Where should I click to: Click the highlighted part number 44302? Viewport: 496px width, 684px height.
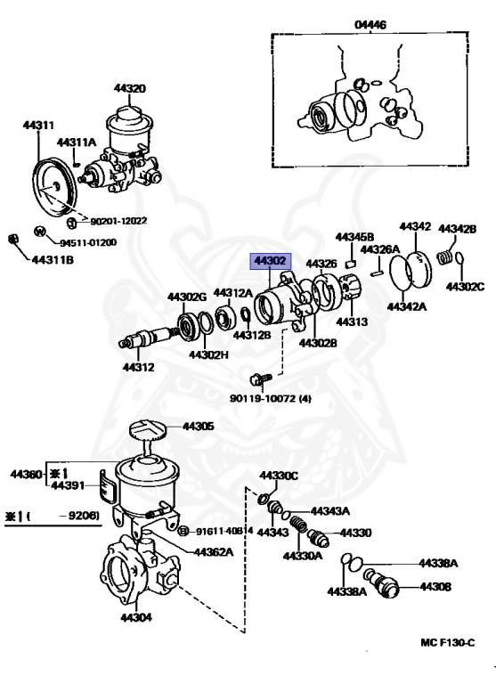tap(270, 261)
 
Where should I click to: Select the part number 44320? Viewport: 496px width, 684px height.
tap(129, 88)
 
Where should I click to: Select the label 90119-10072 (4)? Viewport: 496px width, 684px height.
tap(271, 398)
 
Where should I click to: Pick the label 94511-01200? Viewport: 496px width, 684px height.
tap(88, 241)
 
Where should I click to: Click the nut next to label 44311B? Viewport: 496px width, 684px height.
tap(13, 238)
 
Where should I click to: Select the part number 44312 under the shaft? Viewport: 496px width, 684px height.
tap(138, 367)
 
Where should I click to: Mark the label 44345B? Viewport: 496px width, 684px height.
tap(353, 237)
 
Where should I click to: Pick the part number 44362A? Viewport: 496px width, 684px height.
tap(214, 551)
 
